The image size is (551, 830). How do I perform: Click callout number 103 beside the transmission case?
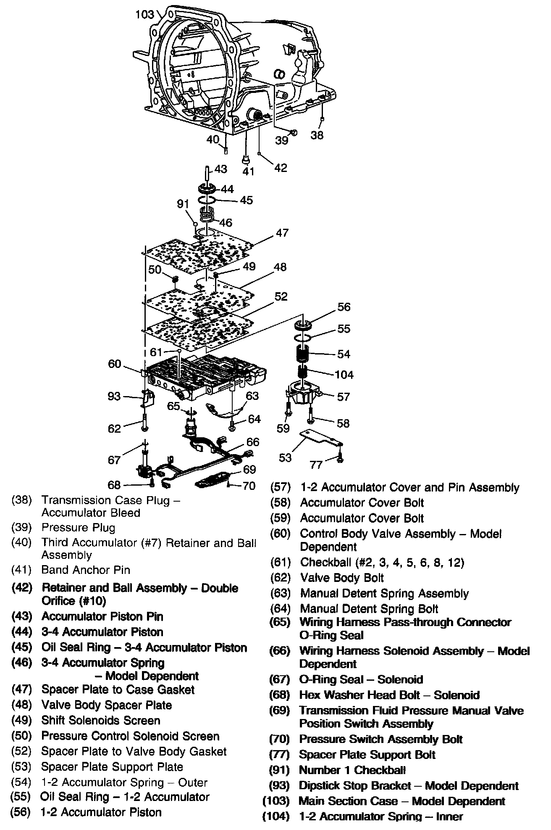pyautogui.click(x=145, y=14)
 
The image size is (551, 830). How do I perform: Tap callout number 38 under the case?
pyautogui.click(x=317, y=135)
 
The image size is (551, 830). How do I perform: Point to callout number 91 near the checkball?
pyautogui.click(x=183, y=204)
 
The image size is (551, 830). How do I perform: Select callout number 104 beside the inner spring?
pyautogui.click(x=344, y=374)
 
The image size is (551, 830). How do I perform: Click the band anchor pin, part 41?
pyautogui.click(x=246, y=159)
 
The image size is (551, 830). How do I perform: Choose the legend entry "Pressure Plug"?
pyautogui.click(x=78, y=527)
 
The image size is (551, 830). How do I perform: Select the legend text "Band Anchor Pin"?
pyautogui.click(x=86, y=570)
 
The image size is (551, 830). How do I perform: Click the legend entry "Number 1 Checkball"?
pyautogui.click(x=352, y=770)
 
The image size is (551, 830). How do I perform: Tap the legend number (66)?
pyautogui.click(x=280, y=651)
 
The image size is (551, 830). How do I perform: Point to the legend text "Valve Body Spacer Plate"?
pyautogui.click(x=107, y=705)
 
